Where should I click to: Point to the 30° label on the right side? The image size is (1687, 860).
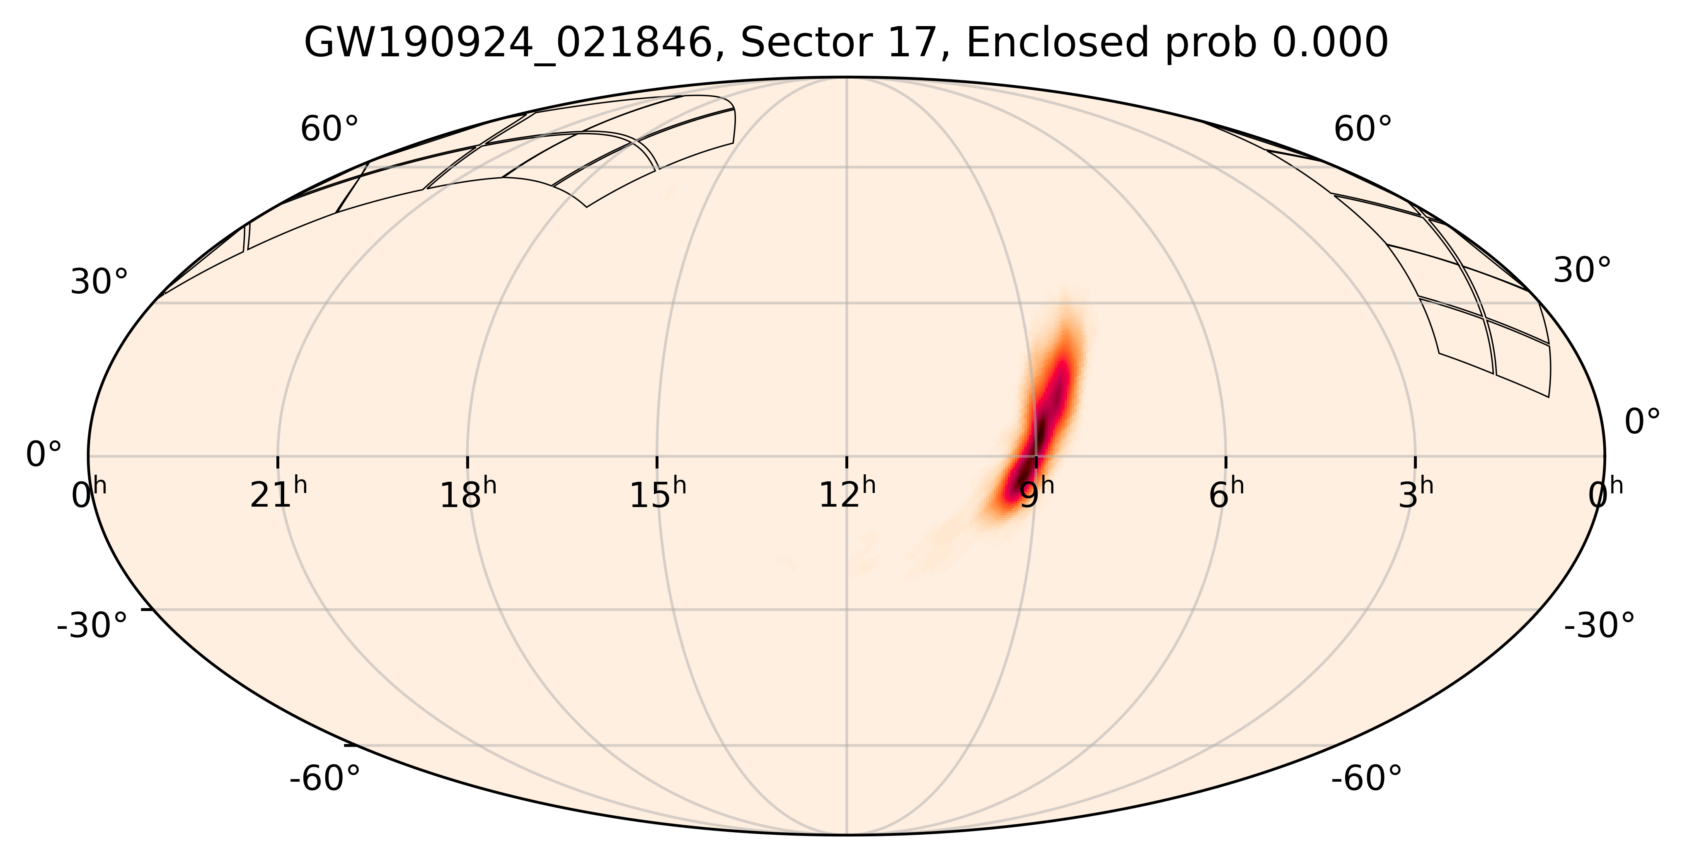(x=1582, y=271)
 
